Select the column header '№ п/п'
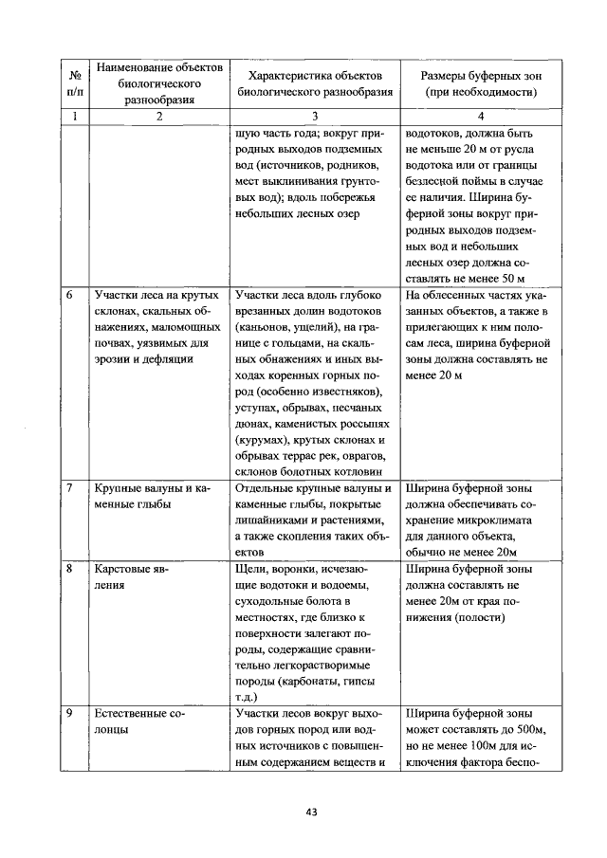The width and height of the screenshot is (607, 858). click(x=74, y=83)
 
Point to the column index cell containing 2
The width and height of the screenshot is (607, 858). click(x=159, y=117)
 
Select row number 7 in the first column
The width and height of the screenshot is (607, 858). click(x=70, y=488)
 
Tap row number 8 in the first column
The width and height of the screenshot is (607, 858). click(x=70, y=570)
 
